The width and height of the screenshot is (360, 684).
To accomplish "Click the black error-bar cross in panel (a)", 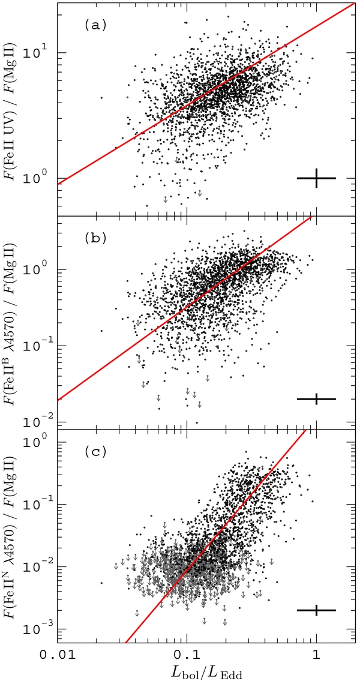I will click(316, 178).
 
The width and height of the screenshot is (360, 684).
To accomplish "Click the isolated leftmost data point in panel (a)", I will click(101, 97).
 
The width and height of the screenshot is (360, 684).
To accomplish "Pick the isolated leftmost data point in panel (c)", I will click(101, 583).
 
